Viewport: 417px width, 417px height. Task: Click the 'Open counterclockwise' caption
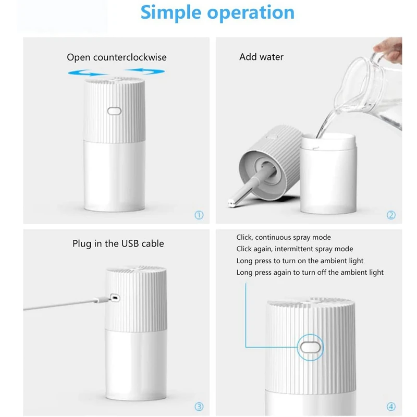pyautogui.click(x=116, y=57)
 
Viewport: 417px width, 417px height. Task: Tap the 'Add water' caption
pyautogui.click(x=261, y=57)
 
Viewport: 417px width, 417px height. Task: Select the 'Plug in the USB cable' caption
pyautogui.click(x=118, y=243)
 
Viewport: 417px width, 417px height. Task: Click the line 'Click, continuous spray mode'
pyautogui.click(x=284, y=238)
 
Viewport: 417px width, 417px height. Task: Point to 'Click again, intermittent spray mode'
pyautogui.click(x=295, y=249)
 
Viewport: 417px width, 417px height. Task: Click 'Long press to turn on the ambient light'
pyautogui.click(x=300, y=261)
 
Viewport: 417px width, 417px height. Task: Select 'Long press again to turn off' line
pyautogui.click(x=310, y=272)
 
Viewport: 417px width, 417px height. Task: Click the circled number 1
pyautogui.click(x=199, y=215)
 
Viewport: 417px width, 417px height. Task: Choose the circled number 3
pyautogui.click(x=199, y=407)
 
